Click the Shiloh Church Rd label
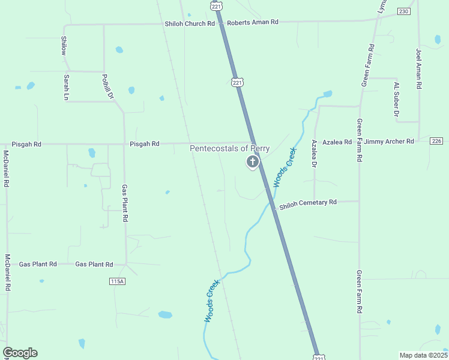coord(190,23)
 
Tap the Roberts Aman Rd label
coord(252,22)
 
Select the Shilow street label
coord(64,46)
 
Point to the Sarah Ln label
coord(66,88)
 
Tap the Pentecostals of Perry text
coord(230,149)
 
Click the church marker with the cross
coord(253,161)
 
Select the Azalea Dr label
coord(314,153)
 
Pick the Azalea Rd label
coord(337,142)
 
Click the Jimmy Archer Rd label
coord(388,142)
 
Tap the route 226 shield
coord(436,141)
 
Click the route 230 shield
coord(403,11)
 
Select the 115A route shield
coord(117,281)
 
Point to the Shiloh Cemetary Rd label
coord(308,203)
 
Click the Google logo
coord(20,353)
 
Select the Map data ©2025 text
coord(423,355)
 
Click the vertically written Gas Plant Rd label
coord(125,203)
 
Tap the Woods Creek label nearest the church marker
coord(285,167)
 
